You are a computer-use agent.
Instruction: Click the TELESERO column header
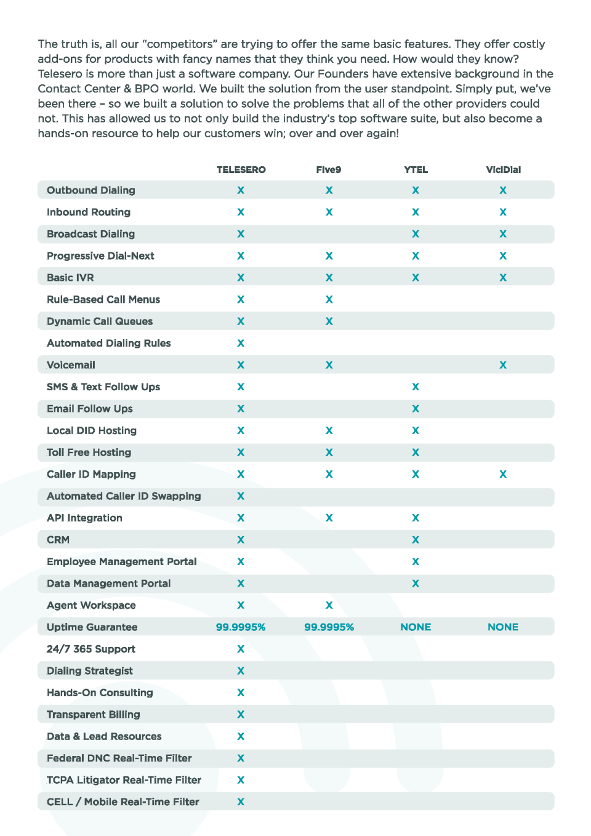coord(241,170)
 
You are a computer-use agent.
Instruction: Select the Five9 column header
coord(328,170)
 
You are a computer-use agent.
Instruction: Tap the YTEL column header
coord(416,170)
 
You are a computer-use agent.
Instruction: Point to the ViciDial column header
coord(503,170)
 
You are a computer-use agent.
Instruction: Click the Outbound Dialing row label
coord(91,190)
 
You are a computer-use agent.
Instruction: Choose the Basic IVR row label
coord(70,278)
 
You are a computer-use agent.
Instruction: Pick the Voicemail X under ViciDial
coord(503,365)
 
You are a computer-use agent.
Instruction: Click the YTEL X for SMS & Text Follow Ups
coord(416,387)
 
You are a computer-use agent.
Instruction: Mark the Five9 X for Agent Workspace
coord(329,605)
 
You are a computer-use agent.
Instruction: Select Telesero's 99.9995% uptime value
coord(241,627)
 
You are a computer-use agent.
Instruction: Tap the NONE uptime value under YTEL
coord(416,627)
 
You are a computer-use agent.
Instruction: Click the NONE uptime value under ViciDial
coord(503,627)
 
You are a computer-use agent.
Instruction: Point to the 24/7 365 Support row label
coord(91,649)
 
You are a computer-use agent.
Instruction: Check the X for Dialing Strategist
coord(241,671)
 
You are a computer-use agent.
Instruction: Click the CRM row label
coord(58,540)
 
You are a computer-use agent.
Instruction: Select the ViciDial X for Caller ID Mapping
coord(503,474)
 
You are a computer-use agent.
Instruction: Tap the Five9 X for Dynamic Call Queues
coord(329,321)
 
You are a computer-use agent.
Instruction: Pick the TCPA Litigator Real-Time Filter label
coord(124,780)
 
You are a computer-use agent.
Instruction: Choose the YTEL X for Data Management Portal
coord(416,584)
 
